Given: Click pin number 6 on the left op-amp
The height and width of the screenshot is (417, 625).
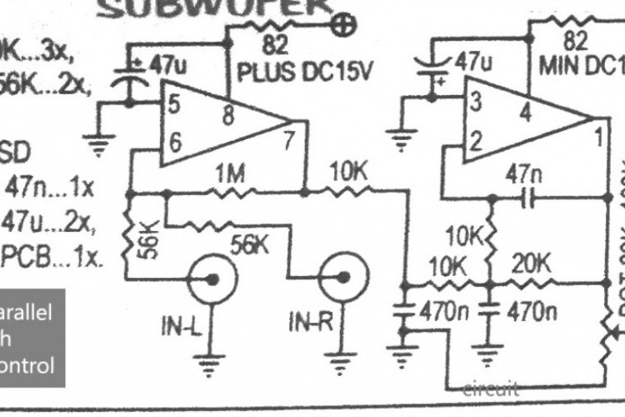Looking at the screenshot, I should point(175,143).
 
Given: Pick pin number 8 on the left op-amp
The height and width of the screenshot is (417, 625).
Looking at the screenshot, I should point(227,117).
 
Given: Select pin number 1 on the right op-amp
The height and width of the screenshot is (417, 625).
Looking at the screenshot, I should point(597,133).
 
